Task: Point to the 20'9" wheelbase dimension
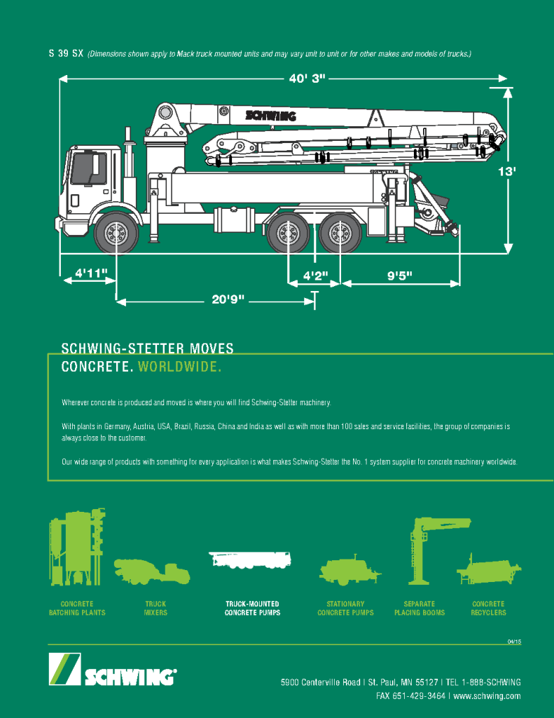[x=228, y=300]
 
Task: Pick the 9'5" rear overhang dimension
[x=400, y=275]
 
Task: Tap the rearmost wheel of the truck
[x=339, y=233]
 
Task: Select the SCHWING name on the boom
[x=270, y=116]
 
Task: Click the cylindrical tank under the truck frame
[x=235, y=222]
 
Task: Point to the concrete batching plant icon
[x=76, y=548]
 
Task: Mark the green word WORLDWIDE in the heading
[x=180, y=367]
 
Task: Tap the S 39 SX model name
[x=66, y=54]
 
